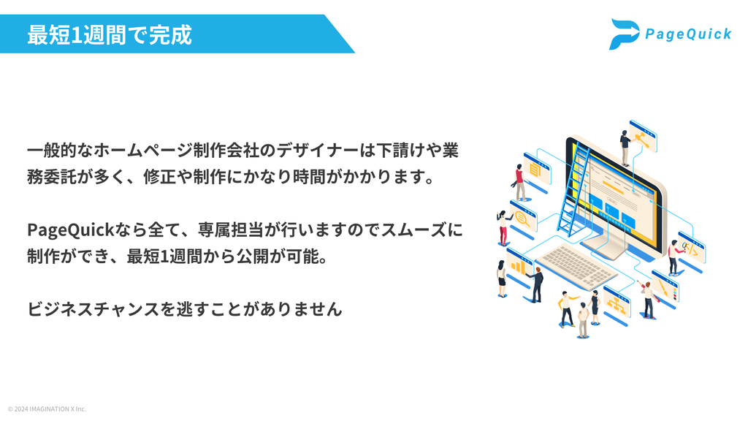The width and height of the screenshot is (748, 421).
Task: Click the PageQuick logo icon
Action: coord(625,34)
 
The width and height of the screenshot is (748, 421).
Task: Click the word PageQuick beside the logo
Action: coord(688,34)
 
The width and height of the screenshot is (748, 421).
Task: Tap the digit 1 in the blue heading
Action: coord(76,35)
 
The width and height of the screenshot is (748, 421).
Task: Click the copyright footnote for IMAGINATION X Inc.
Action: coord(47,409)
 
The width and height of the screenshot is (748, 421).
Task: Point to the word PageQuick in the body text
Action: coord(71,230)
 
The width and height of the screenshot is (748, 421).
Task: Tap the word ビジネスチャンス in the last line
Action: coord(93,309)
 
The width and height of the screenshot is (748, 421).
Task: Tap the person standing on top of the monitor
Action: coord(625,148)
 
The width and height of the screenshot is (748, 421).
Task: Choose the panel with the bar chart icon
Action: coord(519,266)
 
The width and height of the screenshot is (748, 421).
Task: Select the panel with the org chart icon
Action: coord(617,305)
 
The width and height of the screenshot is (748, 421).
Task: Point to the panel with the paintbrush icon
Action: coord(665,289)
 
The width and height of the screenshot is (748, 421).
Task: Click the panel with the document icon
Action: coord(537,172)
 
